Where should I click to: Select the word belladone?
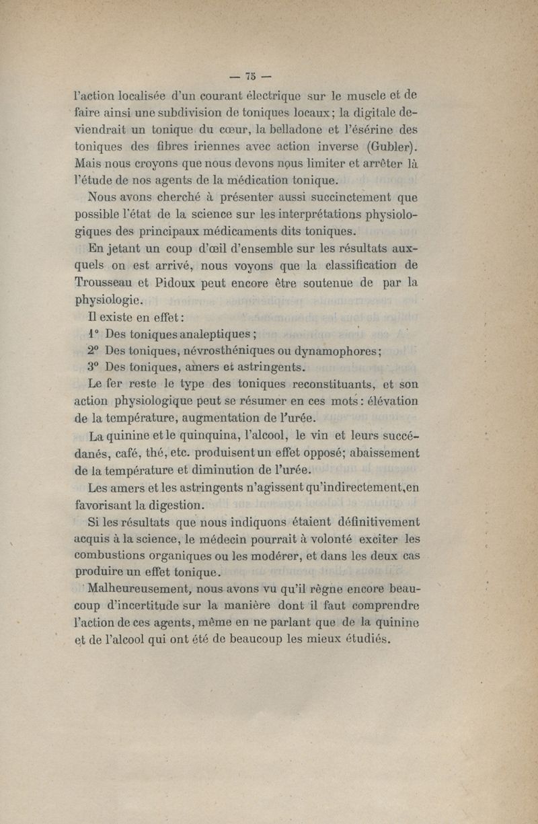(301, 128)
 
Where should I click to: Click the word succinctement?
(335, 198)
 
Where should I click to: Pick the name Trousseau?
(110, 282)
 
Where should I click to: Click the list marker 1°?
(93, 334)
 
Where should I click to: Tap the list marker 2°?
(93, 350)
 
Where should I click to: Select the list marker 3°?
(93, 367)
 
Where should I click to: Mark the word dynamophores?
(340, 350)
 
